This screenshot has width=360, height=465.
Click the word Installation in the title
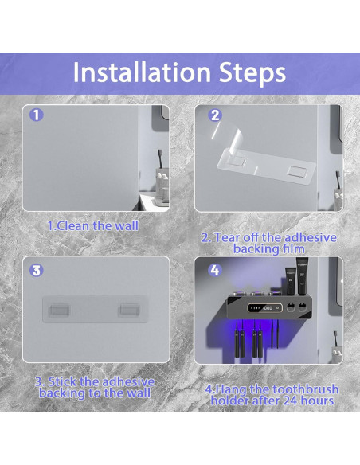142,72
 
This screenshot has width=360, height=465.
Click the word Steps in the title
252,73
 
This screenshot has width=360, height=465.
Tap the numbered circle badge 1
36,115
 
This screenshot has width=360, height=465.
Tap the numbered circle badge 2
215,115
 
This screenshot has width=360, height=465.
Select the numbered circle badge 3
37,270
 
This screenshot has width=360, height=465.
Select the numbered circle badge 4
215,270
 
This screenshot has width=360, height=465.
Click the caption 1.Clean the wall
93,226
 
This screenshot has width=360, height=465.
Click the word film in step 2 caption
293,248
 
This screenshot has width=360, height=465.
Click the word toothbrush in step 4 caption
305,389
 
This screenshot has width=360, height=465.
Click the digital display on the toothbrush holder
264,308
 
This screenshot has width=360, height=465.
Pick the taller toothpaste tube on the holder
302,275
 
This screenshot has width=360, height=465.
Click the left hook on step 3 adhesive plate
59,309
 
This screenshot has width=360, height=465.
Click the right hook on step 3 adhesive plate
129,309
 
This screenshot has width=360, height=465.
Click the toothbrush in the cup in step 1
160,160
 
